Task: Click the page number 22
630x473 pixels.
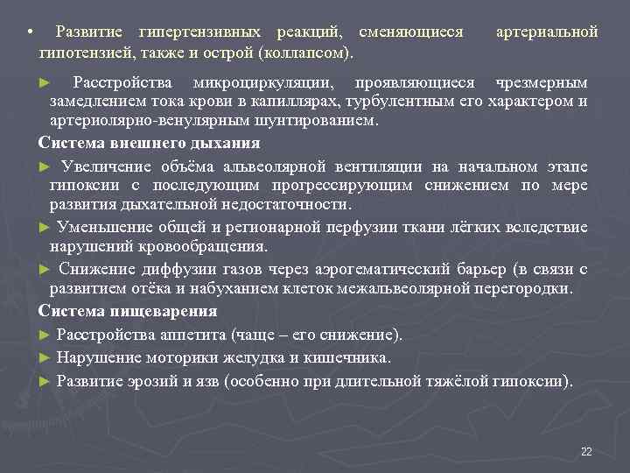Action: point(586,451)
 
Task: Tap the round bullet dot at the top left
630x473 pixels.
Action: point(30,33)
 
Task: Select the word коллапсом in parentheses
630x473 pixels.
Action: point(304,53)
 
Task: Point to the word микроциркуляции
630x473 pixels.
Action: point(269,82)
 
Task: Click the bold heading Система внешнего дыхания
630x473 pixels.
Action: point(150,142)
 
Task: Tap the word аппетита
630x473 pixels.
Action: point(197,335)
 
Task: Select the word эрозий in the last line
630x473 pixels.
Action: point(146,380)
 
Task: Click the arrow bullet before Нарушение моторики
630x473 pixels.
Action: point(45,357)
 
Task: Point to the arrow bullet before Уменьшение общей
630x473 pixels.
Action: point(45,226)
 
